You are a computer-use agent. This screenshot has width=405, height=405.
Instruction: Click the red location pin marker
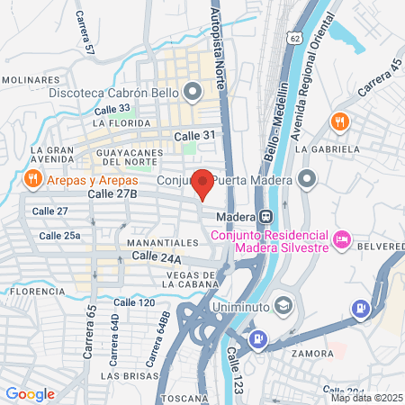(203, 183)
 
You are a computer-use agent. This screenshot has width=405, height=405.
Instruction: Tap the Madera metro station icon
(265, 217)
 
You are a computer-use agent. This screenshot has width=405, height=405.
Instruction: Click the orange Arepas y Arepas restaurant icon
(31, 177)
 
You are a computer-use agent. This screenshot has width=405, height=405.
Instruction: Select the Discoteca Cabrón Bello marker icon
(191, 91)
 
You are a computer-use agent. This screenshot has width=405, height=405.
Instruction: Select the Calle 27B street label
(112, 193)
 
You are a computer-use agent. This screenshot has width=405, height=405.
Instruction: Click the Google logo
(30, 393)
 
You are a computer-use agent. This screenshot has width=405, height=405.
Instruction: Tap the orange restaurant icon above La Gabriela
(339, 121)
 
